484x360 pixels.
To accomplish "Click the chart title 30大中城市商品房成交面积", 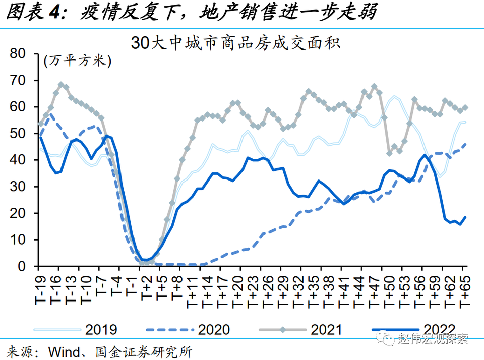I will (235, 42).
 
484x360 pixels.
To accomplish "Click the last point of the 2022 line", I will (465, 217).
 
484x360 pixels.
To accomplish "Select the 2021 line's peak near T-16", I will (61, 85).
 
